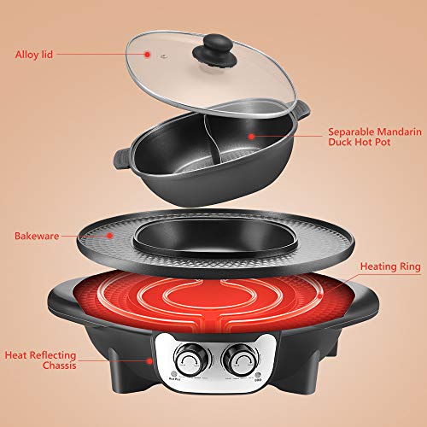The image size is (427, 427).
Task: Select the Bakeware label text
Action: (x=38, y=234)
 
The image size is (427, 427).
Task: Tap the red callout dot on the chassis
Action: (x=151, y=360)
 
